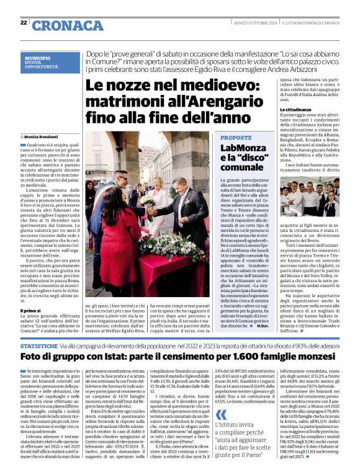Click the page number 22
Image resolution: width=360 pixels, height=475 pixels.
(24, 23)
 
